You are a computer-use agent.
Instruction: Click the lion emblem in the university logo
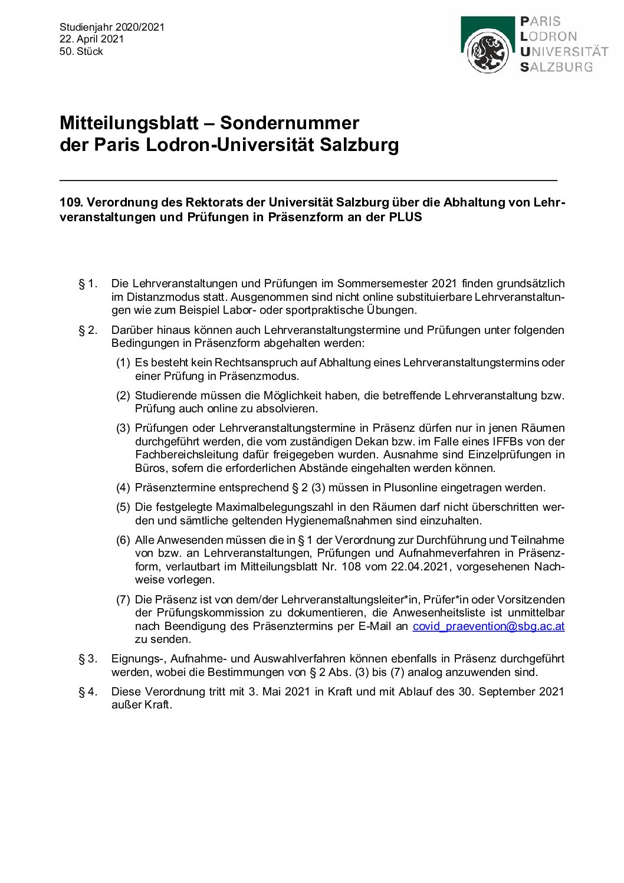[x=488, y=52]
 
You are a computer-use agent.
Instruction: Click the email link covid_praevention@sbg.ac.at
[x=488, y=626]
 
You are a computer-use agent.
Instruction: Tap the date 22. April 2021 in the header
[x=91, y=39]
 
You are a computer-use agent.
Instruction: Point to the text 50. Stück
[x=81, y=51]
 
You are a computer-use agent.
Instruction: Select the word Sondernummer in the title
[x=290, y=123]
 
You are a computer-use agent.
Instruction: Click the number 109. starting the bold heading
[x=71, y=202]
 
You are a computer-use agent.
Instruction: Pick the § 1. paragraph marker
[x=88, y=284]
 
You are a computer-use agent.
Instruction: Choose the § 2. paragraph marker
[x=88, y=330]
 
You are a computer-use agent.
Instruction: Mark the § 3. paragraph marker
[x=88, y=659]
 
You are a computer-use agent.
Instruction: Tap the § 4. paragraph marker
[x=88, y=692]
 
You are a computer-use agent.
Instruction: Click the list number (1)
[x=123, y=363]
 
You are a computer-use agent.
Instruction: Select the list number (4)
[x=123, y=488]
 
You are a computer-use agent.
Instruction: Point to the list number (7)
[x=123, y=600]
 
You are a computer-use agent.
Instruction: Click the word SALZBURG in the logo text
[x=556, y=67]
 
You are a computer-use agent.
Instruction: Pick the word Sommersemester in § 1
[x=382, y=284]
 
